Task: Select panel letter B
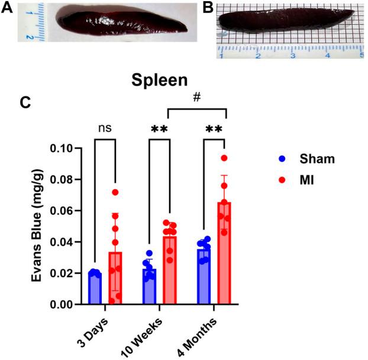click(208, 8)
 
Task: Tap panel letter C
click(25, 102)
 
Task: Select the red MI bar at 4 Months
click(222, 254)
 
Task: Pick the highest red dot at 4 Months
click(224, 158)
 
